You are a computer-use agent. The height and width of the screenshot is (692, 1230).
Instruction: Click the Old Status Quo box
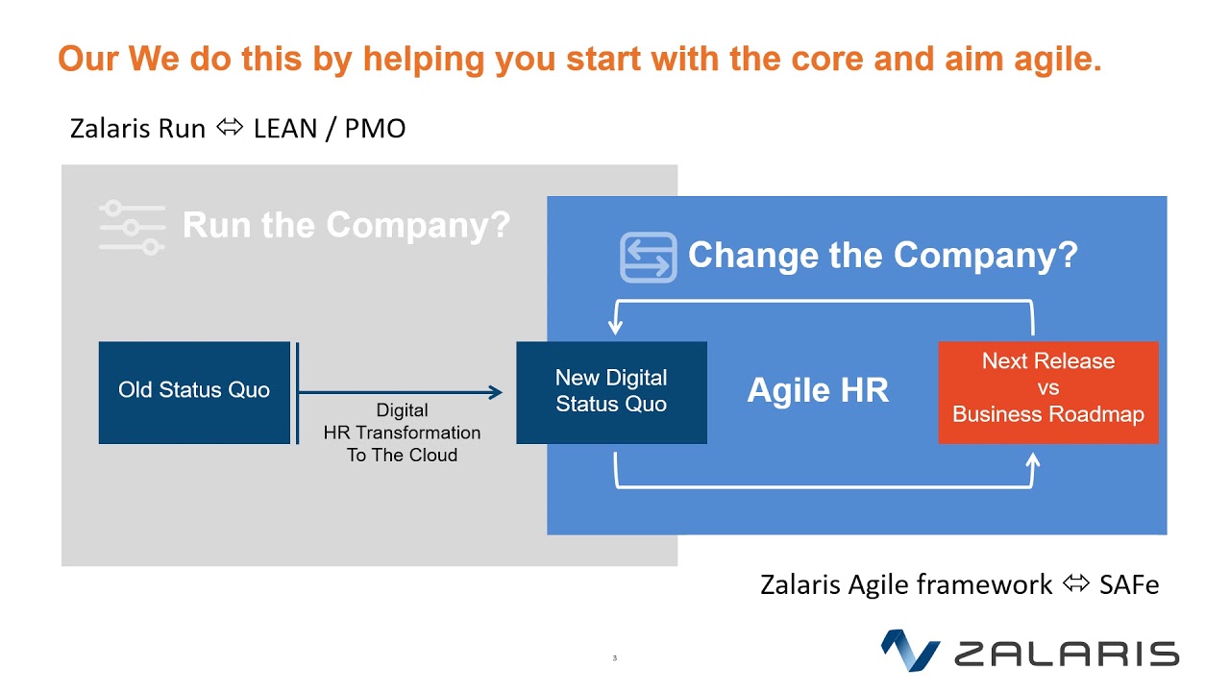coord(194,392)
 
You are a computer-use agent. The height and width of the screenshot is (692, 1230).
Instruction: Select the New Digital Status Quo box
coord(611,392)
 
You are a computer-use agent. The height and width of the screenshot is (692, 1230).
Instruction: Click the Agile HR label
coord(818,390)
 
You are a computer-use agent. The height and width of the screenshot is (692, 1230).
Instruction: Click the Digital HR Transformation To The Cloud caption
coord(402,433)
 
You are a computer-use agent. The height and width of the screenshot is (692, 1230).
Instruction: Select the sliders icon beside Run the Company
coord(132,228)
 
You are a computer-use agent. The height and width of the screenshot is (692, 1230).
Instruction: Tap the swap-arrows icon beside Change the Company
coord(648,258)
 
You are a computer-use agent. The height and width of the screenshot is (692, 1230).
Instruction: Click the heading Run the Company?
coord(346,226)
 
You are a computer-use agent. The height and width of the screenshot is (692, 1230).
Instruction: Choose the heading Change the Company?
coord(882,256)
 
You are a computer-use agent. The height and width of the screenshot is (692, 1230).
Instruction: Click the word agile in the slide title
coord(1058,60)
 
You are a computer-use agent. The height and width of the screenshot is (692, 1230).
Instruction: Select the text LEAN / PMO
coord(330,129)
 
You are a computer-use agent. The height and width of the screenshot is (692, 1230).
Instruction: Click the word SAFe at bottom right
coord(1128,584)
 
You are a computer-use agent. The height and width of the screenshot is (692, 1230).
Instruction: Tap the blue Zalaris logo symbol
coord(909,651)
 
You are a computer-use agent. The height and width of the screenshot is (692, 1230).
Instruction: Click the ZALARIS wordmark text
coord(1066,654)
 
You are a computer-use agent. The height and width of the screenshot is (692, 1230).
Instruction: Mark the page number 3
coord(614,658)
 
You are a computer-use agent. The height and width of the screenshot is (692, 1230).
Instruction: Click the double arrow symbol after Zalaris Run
coord(230,129)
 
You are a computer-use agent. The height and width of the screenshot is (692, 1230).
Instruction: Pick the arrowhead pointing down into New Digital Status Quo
coord(615,328)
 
